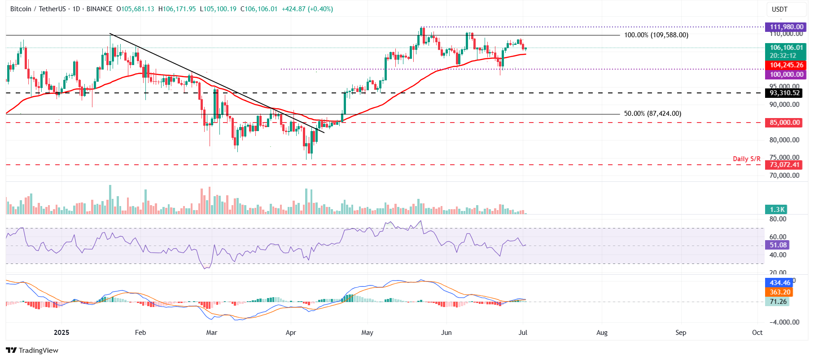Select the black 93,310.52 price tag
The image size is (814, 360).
point(784,93)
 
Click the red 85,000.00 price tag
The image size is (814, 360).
point(784,123)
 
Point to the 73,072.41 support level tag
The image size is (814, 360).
point(784,165)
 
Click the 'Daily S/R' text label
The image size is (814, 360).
point(746,159)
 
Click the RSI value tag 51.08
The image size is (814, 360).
point(778,245)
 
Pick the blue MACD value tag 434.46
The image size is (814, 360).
point(779,283)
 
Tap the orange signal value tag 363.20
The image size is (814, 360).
point(779,292)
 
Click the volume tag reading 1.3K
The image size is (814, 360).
point(777,210)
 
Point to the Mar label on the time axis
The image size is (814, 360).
point(211,333)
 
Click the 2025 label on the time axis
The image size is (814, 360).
point(61,333)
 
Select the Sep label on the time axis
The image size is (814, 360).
point(680,333)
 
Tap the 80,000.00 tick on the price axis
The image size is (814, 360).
point(784,140)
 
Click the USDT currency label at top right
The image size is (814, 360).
point(779,9)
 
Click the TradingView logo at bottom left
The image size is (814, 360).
point(32,351)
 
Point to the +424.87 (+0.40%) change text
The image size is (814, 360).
point(307,9)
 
